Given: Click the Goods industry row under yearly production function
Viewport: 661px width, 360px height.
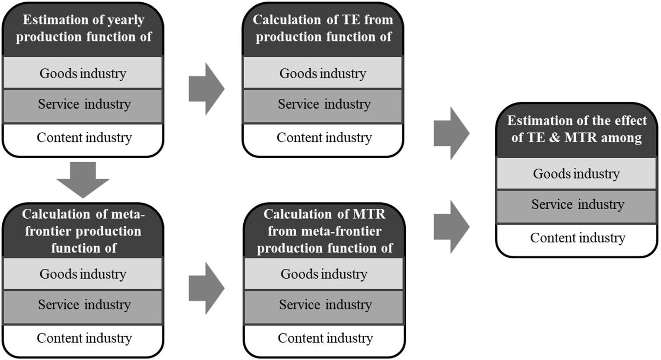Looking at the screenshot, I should [83, 73].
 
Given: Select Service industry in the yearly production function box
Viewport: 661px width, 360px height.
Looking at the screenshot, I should [83, 104].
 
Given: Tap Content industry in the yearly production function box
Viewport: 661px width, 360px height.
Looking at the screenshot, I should [84, 137].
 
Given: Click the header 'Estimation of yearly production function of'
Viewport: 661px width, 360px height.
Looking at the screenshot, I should [84, 29].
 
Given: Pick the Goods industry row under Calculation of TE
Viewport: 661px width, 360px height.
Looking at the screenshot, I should [323, 73].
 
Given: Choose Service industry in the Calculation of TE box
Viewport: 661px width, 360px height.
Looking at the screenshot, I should [323, 104].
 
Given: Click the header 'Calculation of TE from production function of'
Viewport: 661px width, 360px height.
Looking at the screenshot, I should [323, 29].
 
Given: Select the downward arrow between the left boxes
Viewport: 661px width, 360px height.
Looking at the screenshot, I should [83, 179].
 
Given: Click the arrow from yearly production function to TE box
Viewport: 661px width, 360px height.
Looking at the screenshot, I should [206, 89].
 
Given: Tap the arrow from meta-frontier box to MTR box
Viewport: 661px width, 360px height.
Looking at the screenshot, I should [206, 288].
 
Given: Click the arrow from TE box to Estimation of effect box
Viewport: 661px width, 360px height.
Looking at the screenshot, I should [451, 133].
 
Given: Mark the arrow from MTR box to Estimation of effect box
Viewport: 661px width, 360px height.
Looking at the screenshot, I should [451, 226].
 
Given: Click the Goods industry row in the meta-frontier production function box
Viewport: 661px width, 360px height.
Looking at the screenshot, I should [83, 274].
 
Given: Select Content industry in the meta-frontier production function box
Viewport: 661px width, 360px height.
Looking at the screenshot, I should [84, 338].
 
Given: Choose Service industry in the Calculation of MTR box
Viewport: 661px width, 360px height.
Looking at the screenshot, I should [325, 305].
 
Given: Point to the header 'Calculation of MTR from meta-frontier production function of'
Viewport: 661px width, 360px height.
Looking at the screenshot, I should [324, 231].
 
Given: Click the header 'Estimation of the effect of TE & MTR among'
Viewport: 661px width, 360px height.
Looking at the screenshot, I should [576, 129].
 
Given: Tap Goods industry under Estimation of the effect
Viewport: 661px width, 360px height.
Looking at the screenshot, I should [576, 174].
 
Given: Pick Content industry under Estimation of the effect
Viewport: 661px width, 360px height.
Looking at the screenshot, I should [577, 238].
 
